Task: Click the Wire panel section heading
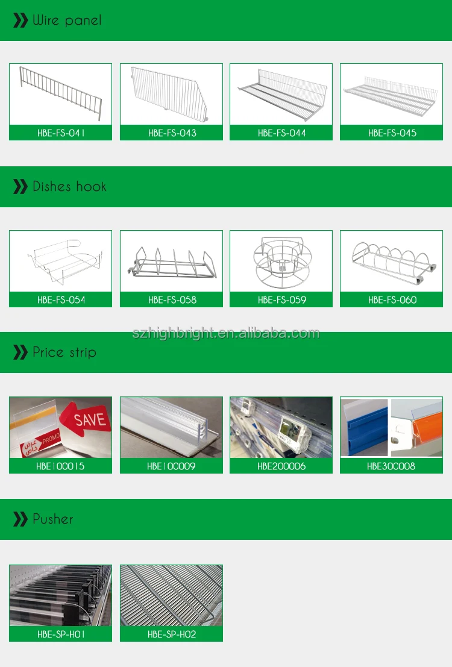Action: pos(66,20)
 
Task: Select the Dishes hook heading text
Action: pos(69,187)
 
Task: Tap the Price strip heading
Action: pos(64,352)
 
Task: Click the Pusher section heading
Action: pos(53,519)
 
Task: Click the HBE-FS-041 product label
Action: pos(60,133)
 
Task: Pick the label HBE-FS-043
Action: pos(172,133)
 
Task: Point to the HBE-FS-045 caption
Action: pos(392,133)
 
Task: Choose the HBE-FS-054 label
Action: pos(60,299)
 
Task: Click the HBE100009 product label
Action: pos(172,466)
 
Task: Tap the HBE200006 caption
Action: pos(281,466)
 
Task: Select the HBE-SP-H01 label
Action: pos(60,634)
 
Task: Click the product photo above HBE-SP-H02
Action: pos(172,595)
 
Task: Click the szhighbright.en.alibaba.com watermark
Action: pos(226,333)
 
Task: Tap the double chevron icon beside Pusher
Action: pos(20,519)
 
